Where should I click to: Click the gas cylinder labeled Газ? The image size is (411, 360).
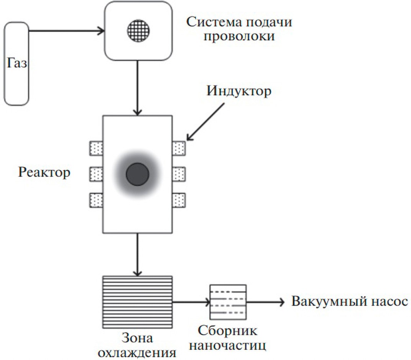16,64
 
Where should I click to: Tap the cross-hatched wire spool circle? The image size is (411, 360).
138,31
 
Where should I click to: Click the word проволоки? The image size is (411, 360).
239,36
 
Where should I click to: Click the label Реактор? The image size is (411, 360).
44,173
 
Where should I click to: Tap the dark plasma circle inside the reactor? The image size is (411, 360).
138,174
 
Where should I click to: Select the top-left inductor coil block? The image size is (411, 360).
96,149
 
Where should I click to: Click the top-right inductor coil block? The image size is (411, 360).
179,149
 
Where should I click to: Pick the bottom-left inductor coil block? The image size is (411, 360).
96,200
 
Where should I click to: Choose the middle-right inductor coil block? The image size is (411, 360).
179,174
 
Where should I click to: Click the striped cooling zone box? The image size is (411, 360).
137,302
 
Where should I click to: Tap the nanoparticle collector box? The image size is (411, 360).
228,302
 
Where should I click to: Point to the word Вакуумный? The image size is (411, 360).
329,302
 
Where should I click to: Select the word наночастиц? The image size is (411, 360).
227,345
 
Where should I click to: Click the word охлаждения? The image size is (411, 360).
137,353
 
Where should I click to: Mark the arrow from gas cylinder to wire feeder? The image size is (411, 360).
67,31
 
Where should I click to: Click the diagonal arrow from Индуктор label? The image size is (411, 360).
205,122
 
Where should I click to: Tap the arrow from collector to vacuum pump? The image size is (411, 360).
265,302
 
